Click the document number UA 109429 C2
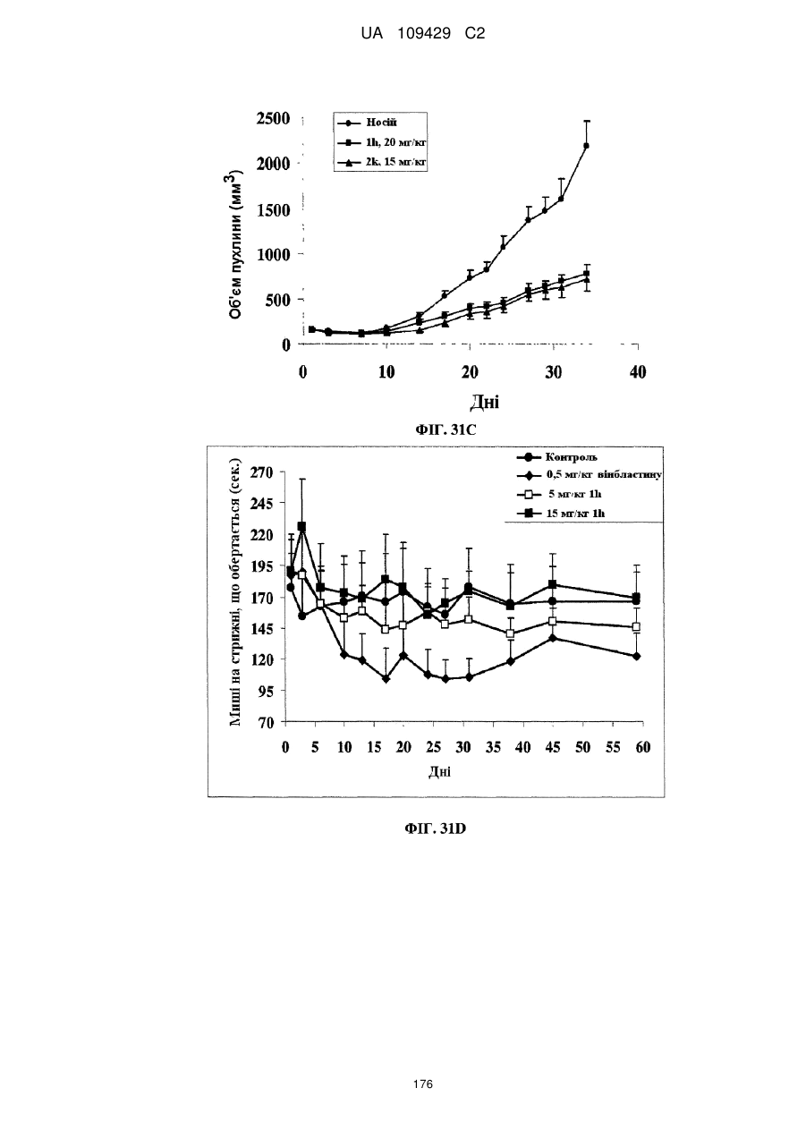(423, 34)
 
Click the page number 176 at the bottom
(423, 1084)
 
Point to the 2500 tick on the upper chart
(274, 119)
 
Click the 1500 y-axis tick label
(274, 210)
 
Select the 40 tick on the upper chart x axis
(638, 372)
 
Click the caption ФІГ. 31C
(445, 430)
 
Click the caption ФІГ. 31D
(436, 829)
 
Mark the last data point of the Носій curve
(586, 146)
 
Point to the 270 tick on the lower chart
(262, 472)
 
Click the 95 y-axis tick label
(266, 691)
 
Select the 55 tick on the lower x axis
(614, 747)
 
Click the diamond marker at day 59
(636, 657)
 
